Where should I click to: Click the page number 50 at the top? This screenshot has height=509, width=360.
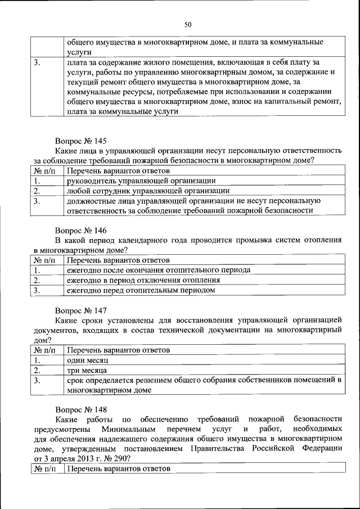point(188,24)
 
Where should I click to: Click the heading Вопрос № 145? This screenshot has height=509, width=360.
point(80,141)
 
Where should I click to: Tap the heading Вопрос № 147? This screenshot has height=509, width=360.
point(80,310)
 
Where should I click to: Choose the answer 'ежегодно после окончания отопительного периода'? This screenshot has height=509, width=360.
point(158,270)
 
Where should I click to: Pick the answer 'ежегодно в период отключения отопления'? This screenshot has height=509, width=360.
point(143,280)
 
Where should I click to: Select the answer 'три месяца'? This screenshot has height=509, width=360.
point(87,370)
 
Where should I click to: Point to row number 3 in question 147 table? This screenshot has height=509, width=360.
point(37,381)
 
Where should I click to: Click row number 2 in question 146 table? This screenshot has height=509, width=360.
point(37,280)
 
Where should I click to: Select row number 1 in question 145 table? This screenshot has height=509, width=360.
point(37,181)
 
